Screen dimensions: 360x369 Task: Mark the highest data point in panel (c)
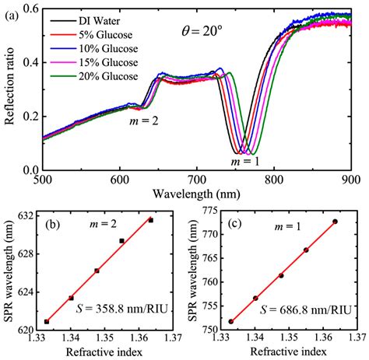[336, 222]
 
